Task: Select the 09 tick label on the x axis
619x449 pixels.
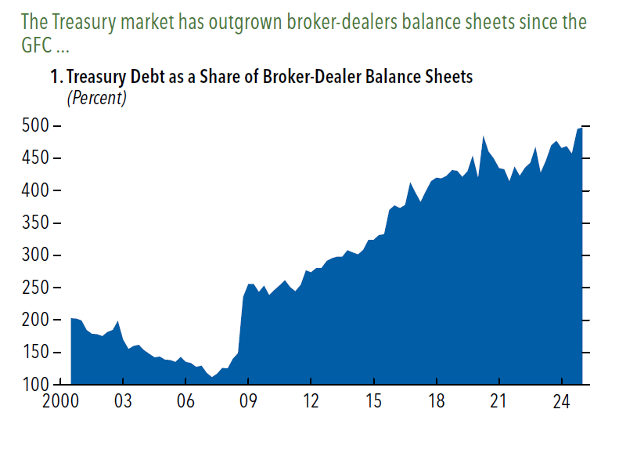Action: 247,402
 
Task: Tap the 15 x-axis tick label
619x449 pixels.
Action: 374,402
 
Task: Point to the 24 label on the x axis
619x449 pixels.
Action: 560,402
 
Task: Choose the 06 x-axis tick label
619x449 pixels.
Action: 185,402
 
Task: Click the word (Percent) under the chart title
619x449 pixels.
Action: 96,98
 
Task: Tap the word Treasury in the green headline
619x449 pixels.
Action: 91,21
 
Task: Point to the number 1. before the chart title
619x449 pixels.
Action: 56,78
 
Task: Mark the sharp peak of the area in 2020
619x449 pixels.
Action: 484,137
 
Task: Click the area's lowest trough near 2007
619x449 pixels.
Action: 212,377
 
